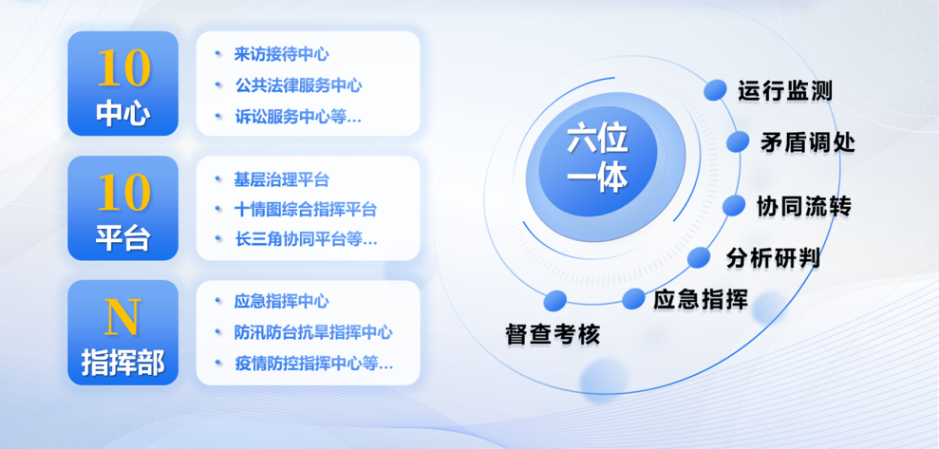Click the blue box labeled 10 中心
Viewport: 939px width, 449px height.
(x=122, y=84)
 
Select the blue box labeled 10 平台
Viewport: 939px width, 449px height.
(x=122, y=208)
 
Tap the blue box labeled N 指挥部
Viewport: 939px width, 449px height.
(x=122, y=332)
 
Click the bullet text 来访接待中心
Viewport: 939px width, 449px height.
(x=281, y=55)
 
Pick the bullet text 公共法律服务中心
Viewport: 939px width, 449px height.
(x=298, y=85)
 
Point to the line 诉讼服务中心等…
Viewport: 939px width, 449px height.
(x=298, y=116)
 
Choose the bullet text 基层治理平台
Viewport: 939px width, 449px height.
(x=281, y=179)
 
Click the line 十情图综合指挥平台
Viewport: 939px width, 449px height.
(x=305, y=210)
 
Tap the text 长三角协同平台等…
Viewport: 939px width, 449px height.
(x=305, y=240)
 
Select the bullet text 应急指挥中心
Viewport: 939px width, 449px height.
(x=281, y=302)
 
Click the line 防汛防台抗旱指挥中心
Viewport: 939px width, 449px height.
(x=312, y=332)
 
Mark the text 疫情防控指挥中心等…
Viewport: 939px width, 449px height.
(x=312, y=363)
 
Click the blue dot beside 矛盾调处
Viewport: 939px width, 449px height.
(x=739, y=142)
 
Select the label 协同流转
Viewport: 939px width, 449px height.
(x=803, y=206)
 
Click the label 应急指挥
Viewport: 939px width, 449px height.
(x=701, y=300)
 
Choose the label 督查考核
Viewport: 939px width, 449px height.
(x=553, y=334)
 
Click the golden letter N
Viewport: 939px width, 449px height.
(x=122, y=317)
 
